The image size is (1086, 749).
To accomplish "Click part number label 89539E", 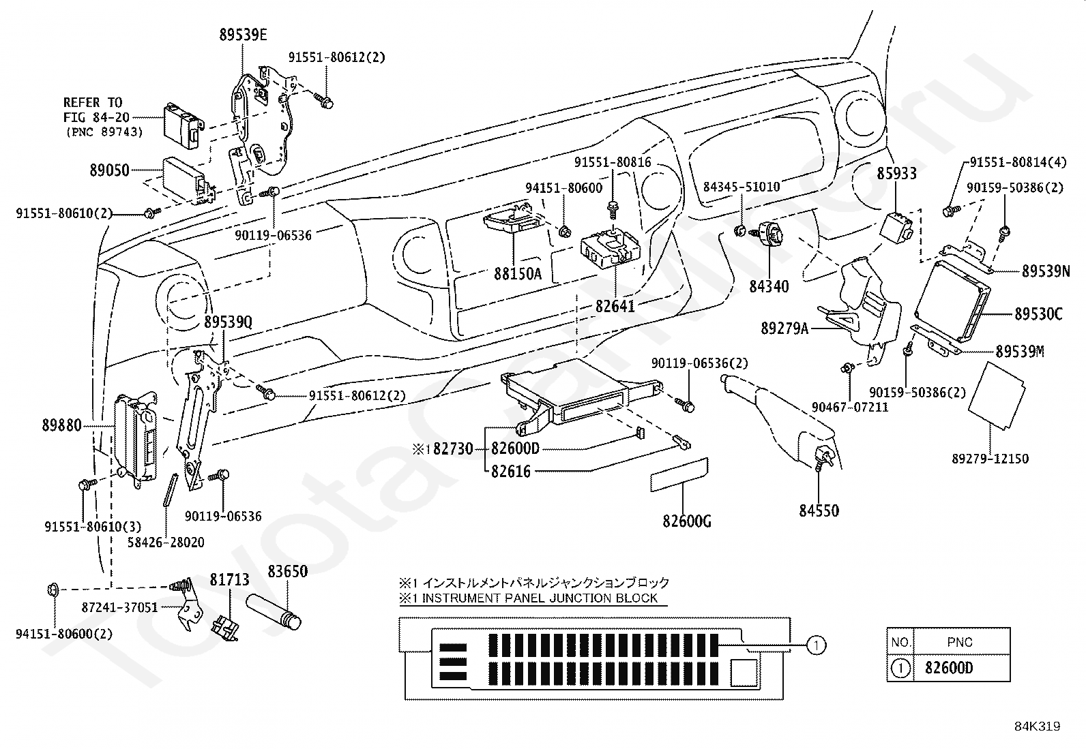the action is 243,35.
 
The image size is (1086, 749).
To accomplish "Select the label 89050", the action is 110,170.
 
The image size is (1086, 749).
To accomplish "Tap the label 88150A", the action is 518,274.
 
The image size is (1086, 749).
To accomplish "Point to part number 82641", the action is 615,306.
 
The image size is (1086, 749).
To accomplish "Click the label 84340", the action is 769,286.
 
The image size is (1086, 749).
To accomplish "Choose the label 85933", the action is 897,173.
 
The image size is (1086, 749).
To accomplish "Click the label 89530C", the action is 1038,314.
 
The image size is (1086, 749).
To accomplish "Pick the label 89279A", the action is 785,328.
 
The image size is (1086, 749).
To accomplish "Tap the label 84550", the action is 819,510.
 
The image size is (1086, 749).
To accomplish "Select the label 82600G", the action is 687,521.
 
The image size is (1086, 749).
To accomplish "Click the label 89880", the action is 61,425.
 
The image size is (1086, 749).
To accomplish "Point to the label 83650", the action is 287,572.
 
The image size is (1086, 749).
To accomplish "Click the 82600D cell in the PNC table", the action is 949,668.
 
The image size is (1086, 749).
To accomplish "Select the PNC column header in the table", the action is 960,643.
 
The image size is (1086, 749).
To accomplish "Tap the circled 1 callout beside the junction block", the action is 816,645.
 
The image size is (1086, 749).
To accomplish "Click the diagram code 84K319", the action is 1037,727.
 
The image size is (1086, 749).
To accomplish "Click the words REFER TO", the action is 93,103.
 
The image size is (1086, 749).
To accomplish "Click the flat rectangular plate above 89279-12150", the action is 997,396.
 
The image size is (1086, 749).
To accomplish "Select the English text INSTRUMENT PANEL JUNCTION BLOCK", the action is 540,598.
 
